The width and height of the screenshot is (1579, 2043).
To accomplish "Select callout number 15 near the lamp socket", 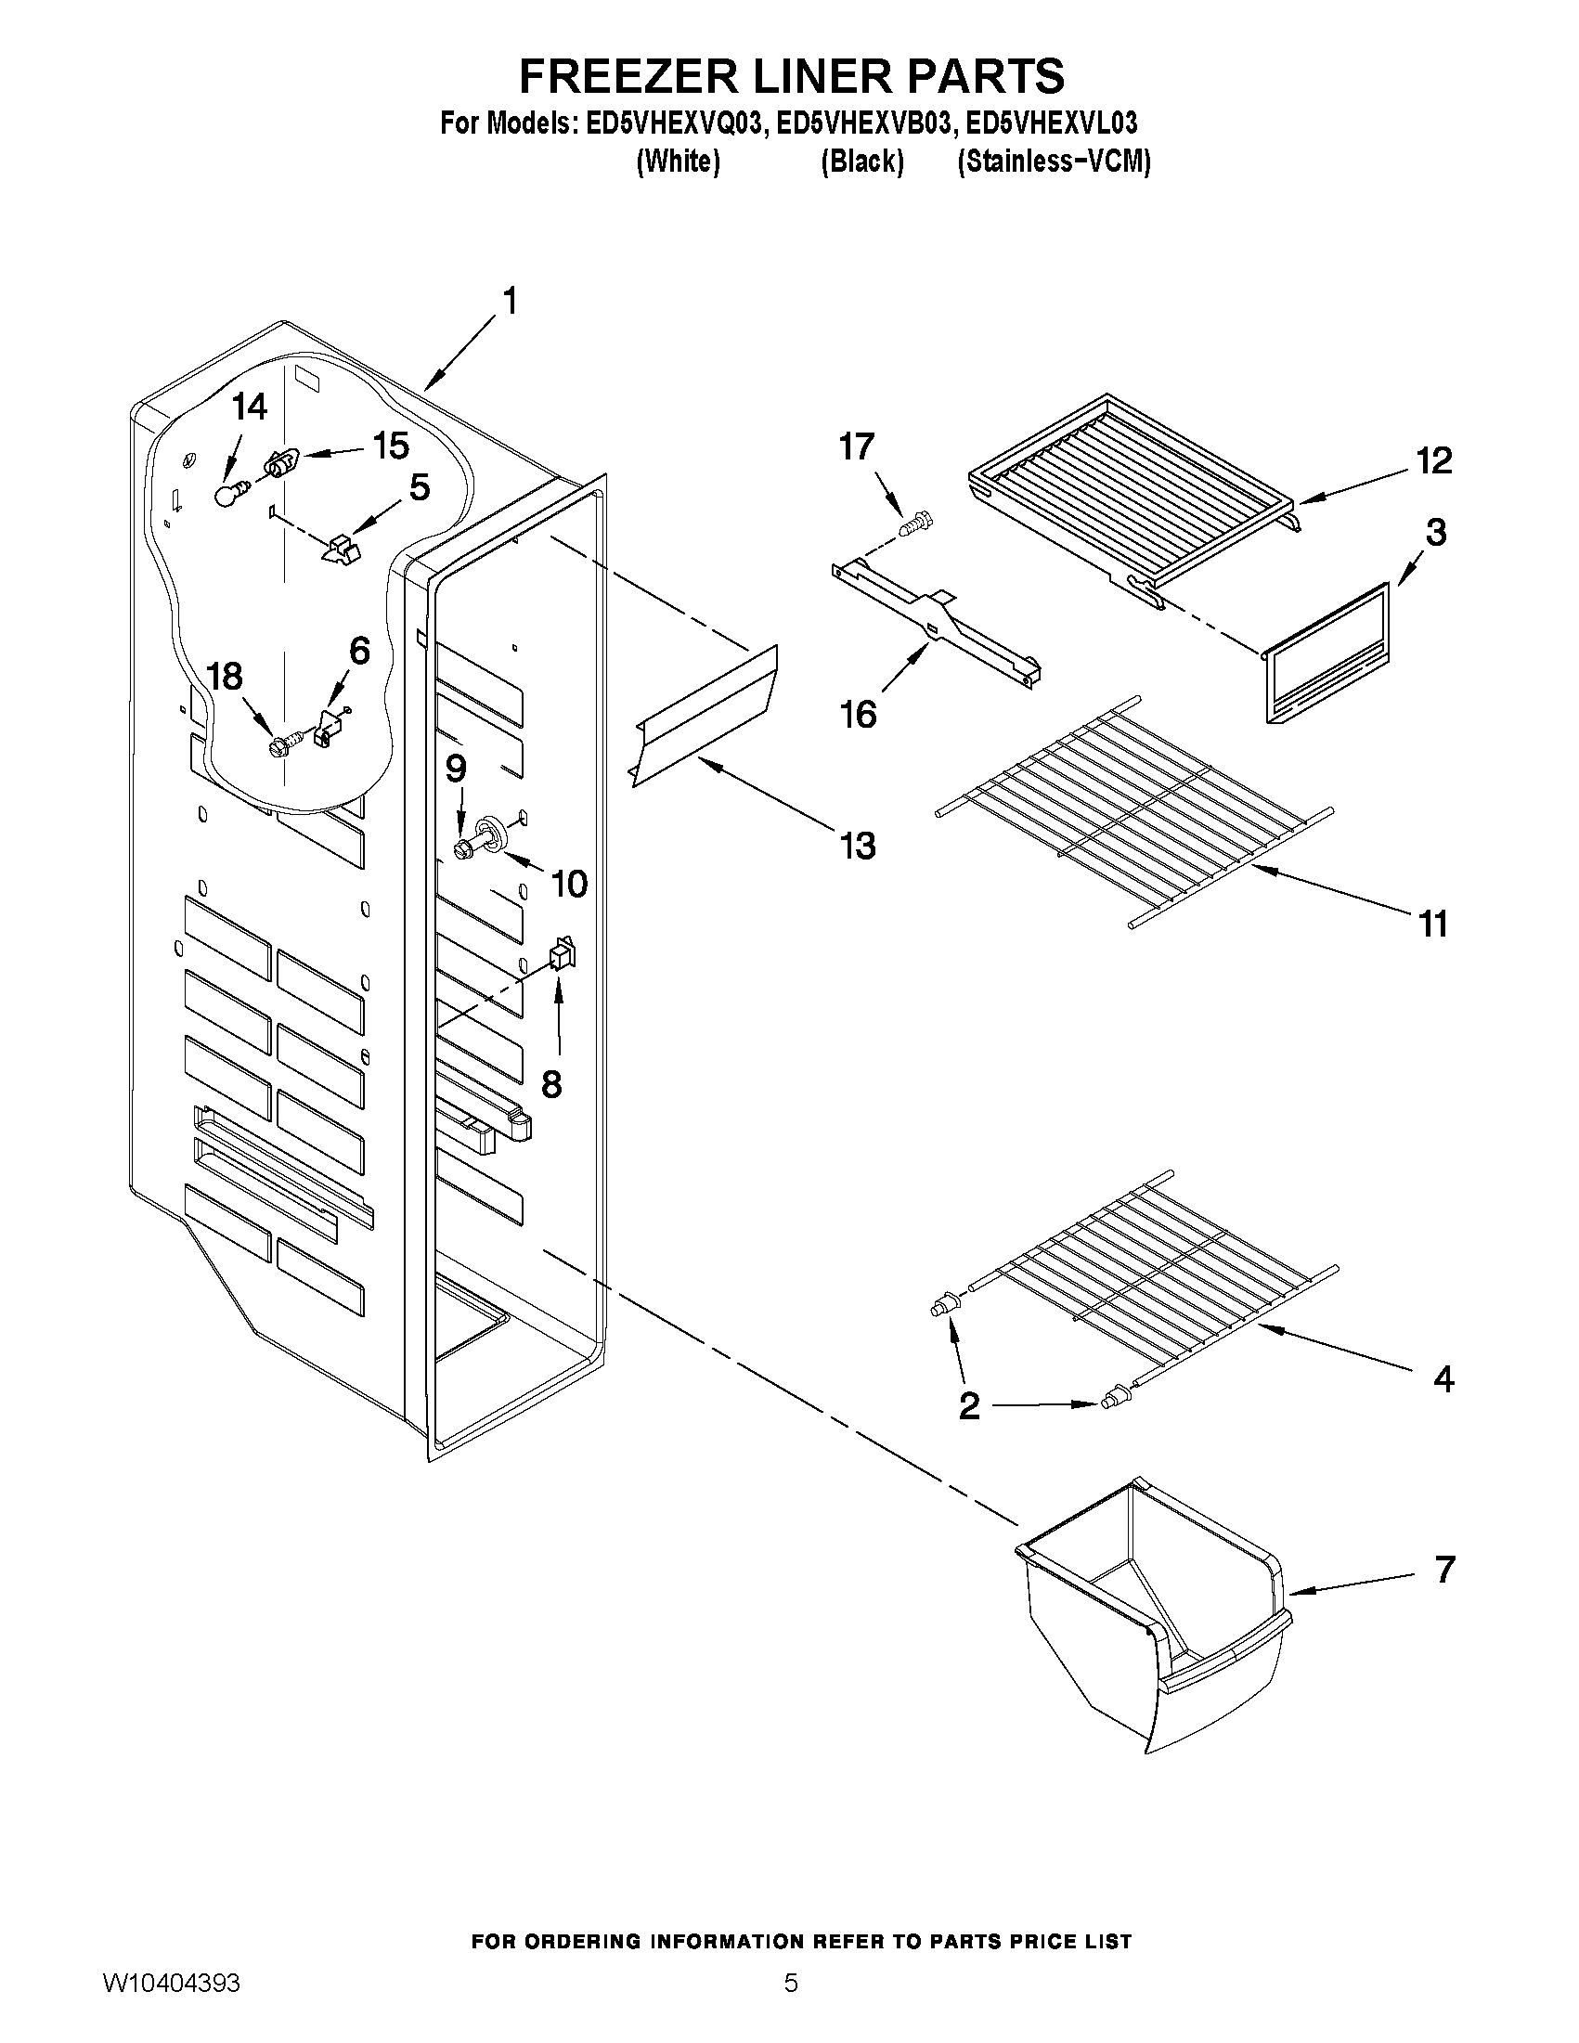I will pos(391,446).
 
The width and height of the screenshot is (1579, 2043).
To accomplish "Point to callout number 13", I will pos(858,846).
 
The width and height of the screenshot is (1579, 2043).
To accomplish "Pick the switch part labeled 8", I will pos(562,953).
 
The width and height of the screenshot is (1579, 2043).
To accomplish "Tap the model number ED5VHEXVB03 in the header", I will pos(863,123).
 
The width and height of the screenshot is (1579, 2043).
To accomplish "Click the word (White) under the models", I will pos(678,162).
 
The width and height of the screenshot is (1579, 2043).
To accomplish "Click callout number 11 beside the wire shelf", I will pos(1432,925).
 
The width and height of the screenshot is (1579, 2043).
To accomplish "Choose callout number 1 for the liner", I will pos(510,303).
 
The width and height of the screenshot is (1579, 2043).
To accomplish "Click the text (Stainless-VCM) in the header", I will pos(1054,162).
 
